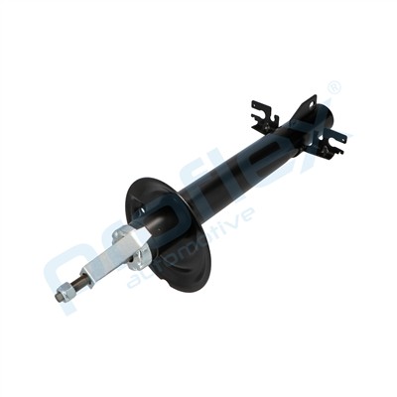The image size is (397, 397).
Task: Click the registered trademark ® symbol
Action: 334,88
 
